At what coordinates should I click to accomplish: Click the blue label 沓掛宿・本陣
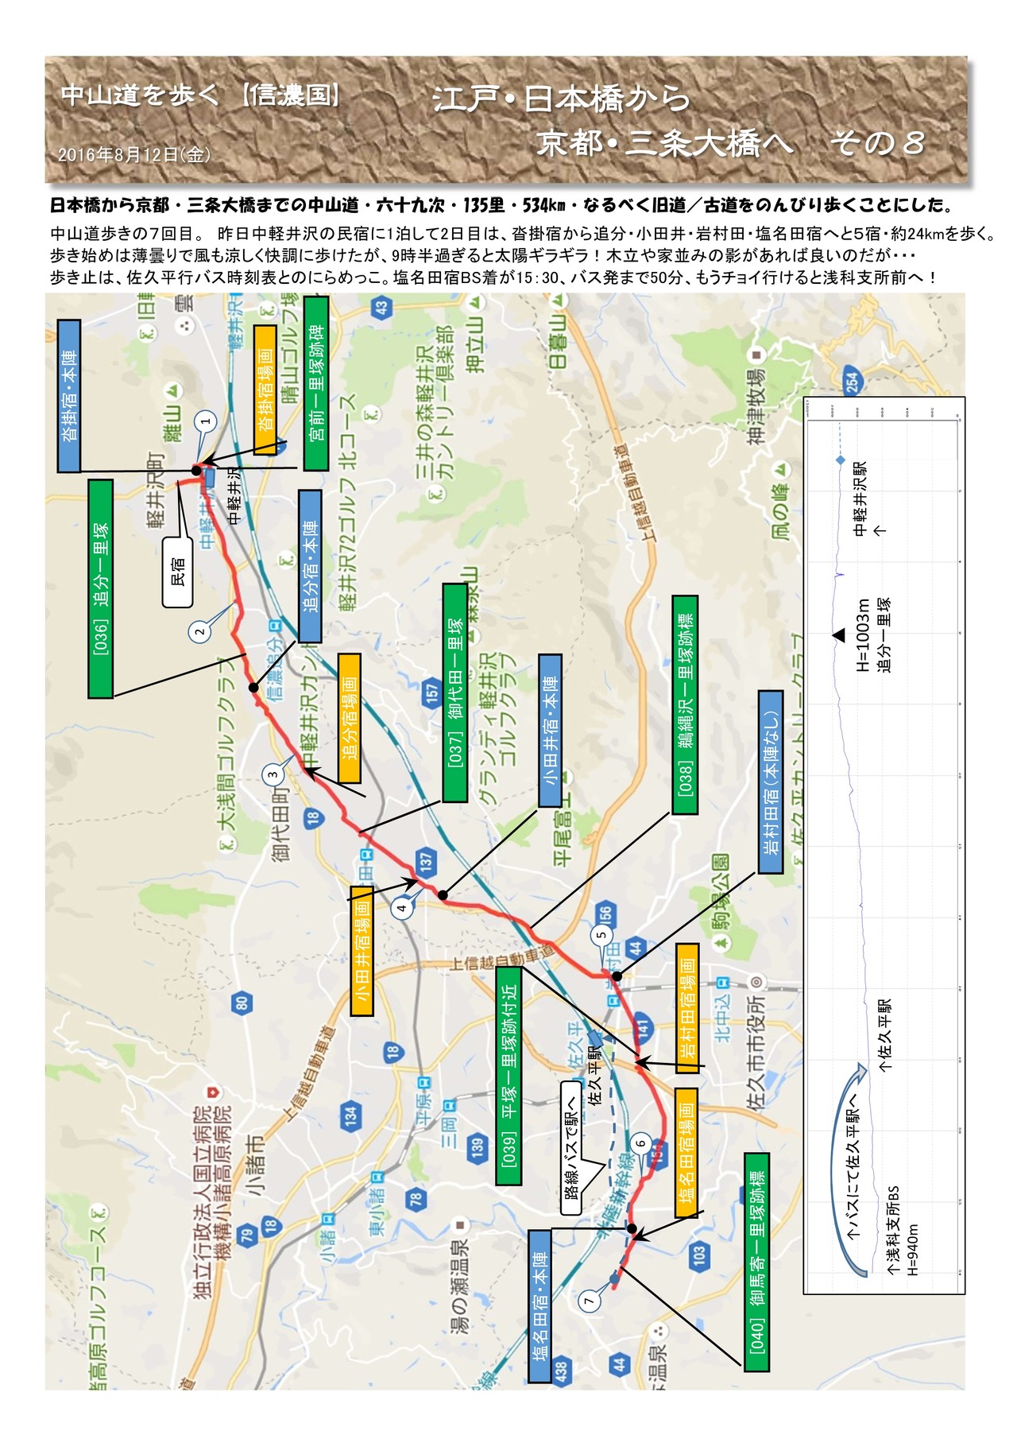pos(69,396)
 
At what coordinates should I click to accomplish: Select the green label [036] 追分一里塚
pos(100,588)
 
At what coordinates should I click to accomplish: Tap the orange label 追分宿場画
pos(350,718)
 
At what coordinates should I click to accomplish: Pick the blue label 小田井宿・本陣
pos(550,730)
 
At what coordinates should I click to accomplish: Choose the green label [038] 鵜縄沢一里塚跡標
pos(685,704)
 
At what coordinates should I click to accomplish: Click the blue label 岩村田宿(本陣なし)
pos(771,782)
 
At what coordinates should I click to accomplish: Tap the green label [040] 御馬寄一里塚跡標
pos(756,1262)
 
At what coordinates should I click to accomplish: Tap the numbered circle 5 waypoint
pos(601,934)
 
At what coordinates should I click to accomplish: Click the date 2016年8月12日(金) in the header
pos(134,155)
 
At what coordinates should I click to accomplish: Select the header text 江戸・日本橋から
pos(562,99)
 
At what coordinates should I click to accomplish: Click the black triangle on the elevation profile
pos(839,635)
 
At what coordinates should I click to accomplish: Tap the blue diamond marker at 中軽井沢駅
pos(840,461)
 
